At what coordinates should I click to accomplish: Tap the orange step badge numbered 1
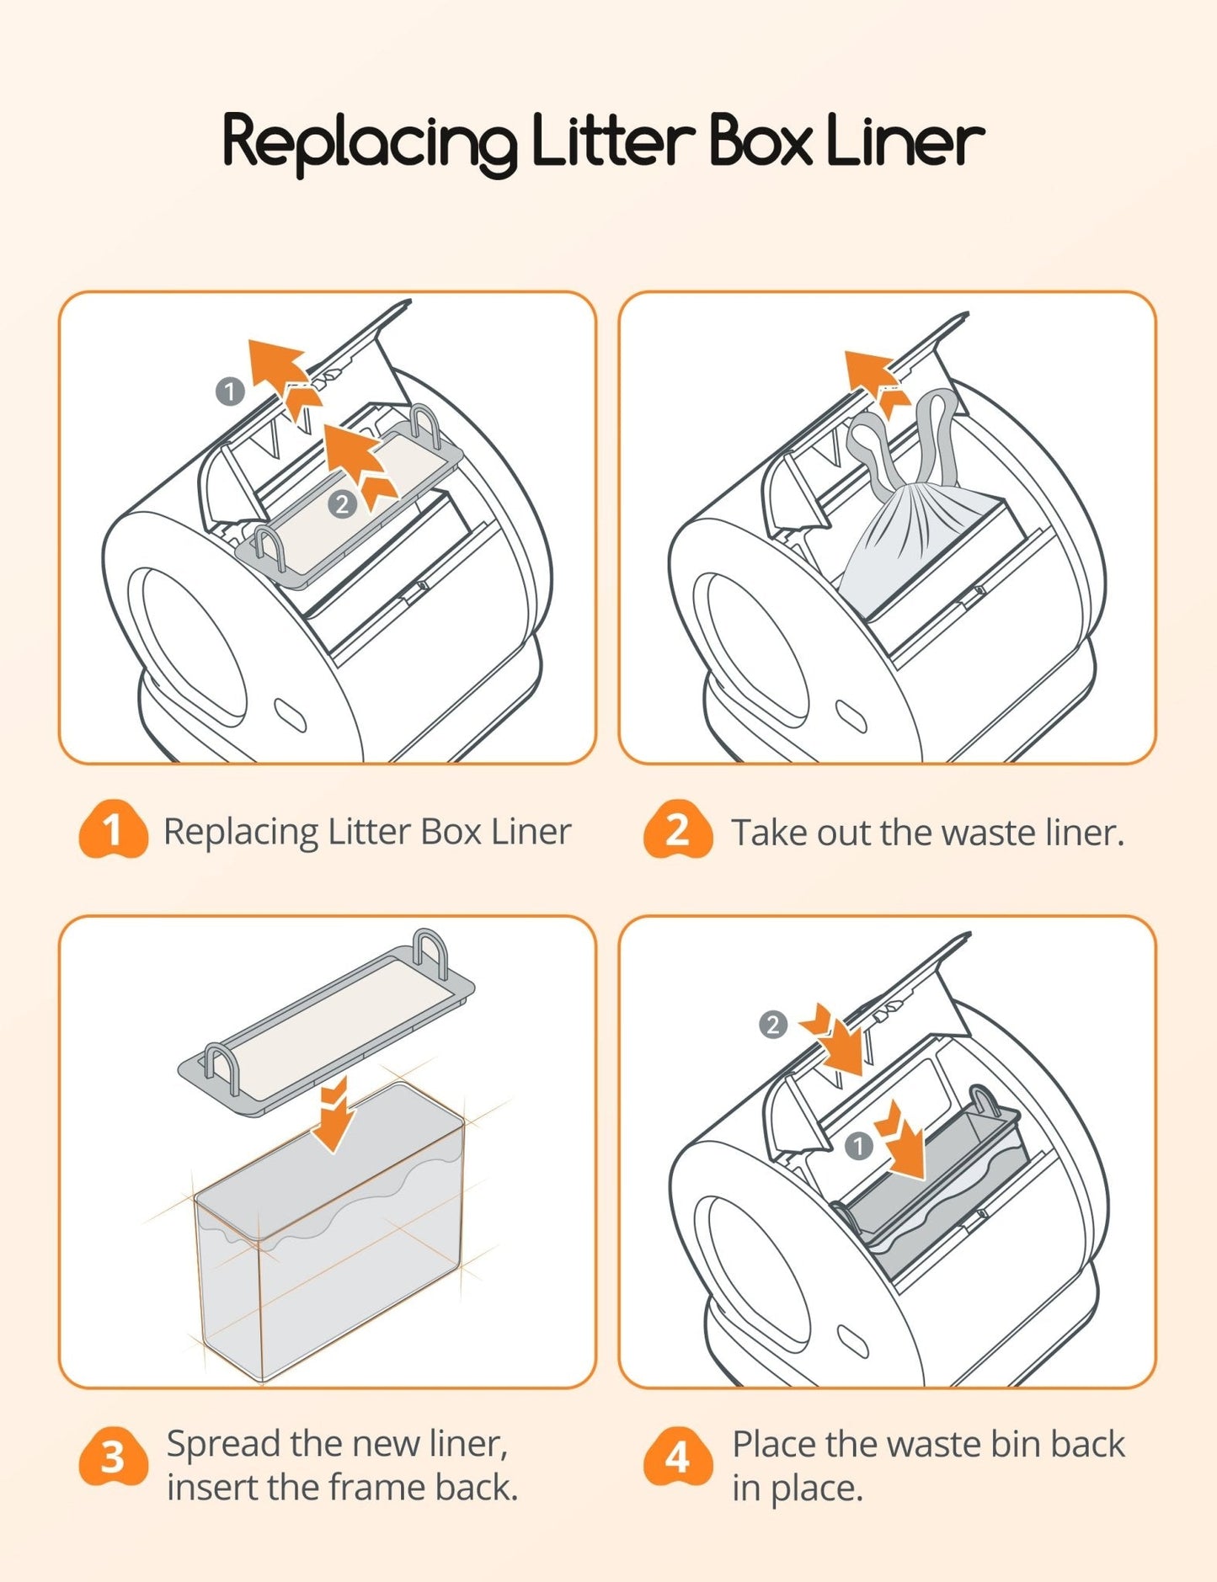tap(113, 829)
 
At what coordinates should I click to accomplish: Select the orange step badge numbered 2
tap(677, 829)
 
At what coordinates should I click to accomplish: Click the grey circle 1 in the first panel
tap(230, 392)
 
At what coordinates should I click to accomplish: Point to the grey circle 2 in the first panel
tap(342, 504)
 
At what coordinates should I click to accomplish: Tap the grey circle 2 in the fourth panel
tap(773, 1025)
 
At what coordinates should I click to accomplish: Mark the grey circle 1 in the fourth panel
tap(858, 1146)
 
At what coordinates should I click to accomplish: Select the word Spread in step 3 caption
tap(222, 1443)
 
